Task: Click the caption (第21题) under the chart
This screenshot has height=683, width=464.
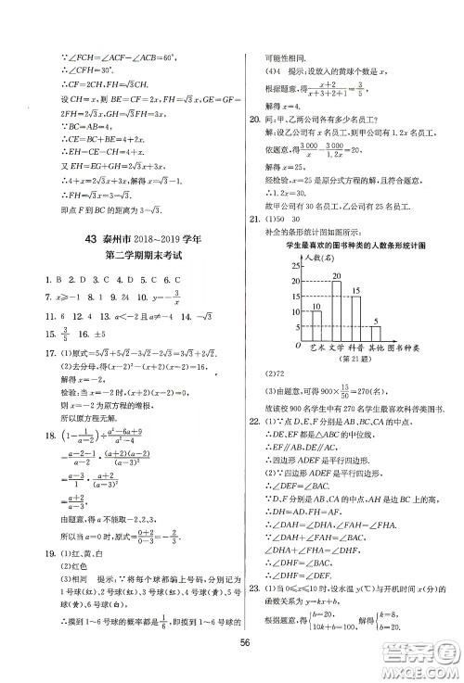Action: click(353, 359)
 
